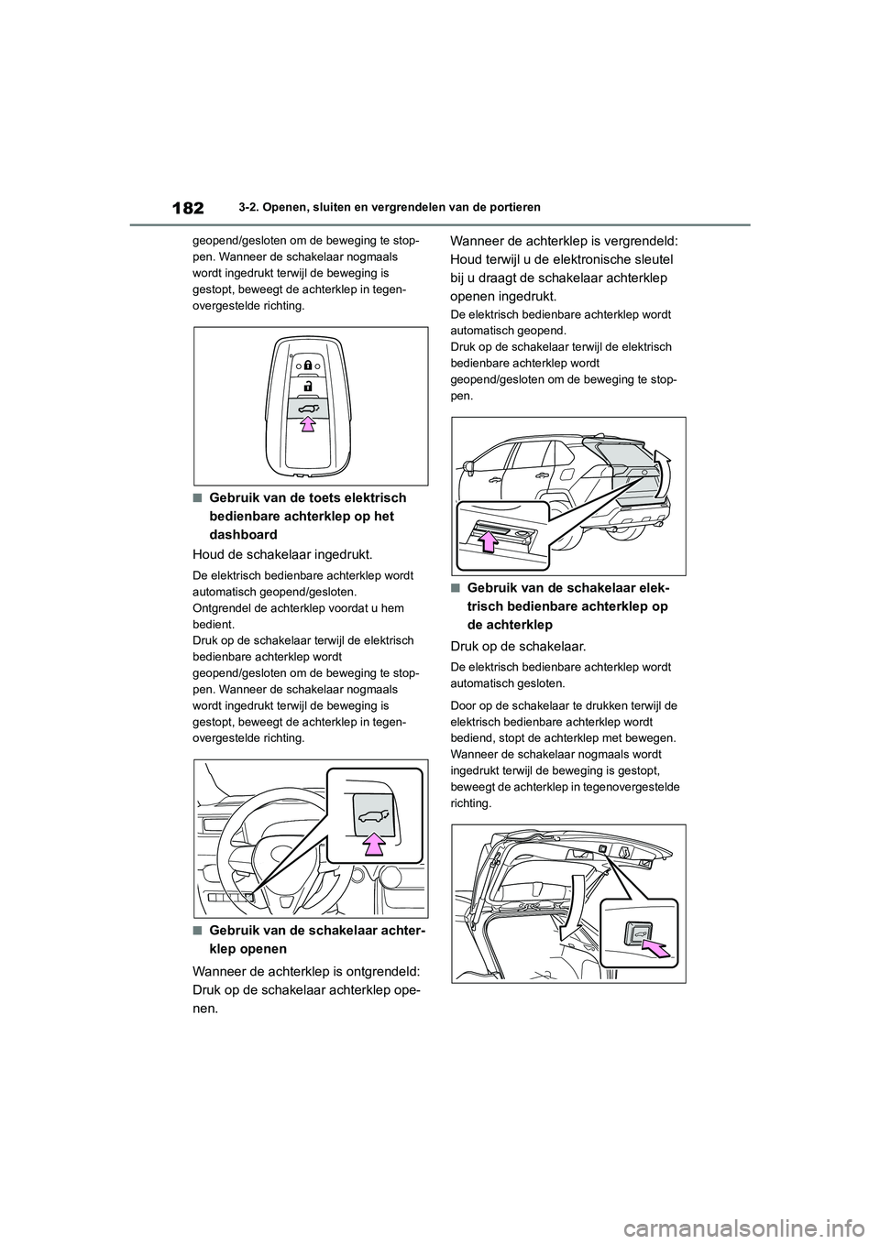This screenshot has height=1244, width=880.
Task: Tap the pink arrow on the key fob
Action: click(x=308, y=422)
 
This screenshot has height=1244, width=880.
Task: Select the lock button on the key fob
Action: click(x=308, y=365)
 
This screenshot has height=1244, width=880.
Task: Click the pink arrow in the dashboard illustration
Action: click(x=373, y=844)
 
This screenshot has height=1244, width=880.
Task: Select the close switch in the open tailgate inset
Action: click(x=635, y=933)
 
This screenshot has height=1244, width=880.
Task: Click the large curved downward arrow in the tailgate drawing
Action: click(x=573, y=907)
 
